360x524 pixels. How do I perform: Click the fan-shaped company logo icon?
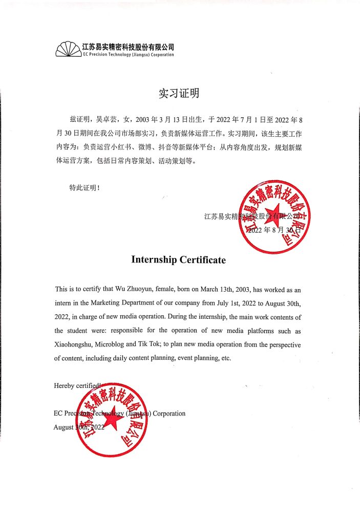[68, 50]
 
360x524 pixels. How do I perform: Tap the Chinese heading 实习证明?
[178, 93]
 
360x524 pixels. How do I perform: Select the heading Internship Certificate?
[178, 260]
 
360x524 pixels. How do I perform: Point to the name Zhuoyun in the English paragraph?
[139, 289]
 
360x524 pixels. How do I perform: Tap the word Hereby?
[64, 386]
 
